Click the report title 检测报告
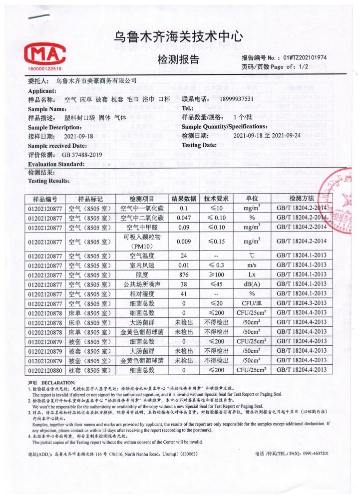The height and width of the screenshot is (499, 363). click(x=178, y=60)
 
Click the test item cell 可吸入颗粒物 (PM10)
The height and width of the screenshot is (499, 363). click(x=143, y=242)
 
